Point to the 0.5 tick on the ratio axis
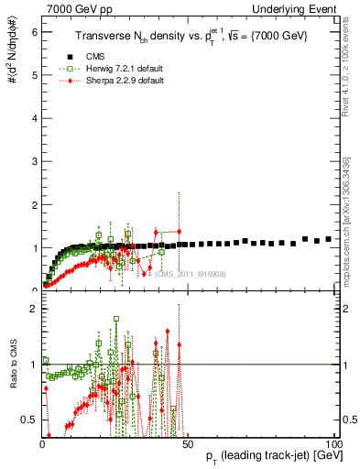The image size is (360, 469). [30, 420]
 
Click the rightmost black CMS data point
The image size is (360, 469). [329, 239]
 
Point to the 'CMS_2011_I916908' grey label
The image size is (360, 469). [192, 273]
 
